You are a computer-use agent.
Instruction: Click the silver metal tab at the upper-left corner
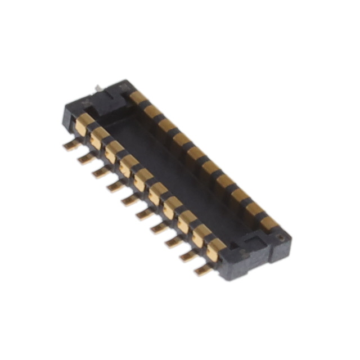[x=99, y=87]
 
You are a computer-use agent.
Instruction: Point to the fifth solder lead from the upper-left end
[x=130, y=200]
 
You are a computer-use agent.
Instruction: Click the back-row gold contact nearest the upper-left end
[x=138, y=98]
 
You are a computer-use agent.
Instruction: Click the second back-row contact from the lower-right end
[x=254, y=209]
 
